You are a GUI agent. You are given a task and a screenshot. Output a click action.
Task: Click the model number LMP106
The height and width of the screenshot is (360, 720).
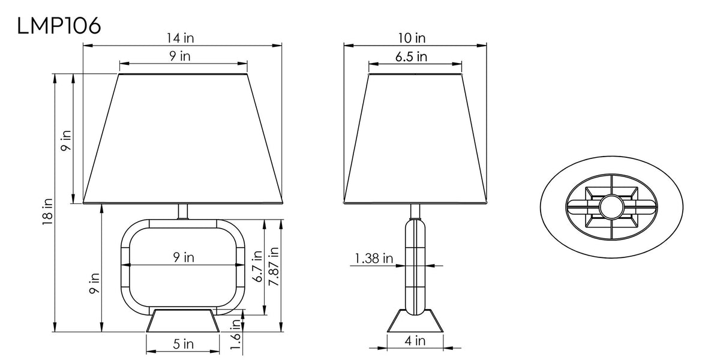pyautogui.click(x=59, y=26)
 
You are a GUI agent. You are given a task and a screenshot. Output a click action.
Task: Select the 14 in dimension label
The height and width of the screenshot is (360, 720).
pyautogui.click(x=180, y=38)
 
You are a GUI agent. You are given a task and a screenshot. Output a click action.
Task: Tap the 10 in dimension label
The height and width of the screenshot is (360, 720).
pyautogui.click(x=412, y=38)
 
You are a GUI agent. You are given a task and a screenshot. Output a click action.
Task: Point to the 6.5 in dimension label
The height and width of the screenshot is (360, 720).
pyautogui.click(x=411, y=56)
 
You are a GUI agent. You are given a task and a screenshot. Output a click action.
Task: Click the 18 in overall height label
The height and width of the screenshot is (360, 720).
pyautogui.click(x=47, y=211)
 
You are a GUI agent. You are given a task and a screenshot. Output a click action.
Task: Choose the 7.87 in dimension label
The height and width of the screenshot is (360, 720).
pyautogui.click(x=274, y=266)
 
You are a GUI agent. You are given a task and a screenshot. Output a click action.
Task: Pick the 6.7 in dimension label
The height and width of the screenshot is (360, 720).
pyautogui.click(x=257, y=266)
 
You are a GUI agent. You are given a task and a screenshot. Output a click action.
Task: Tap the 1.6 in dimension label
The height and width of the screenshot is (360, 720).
pyautogui.click(x=236, y=335)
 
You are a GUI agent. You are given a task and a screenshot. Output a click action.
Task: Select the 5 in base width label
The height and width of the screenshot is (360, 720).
pyautogui.click(x=183, y=344)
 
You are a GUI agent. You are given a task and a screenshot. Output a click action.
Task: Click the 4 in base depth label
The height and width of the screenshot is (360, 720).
pyautogui.click(x=415, y=341)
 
